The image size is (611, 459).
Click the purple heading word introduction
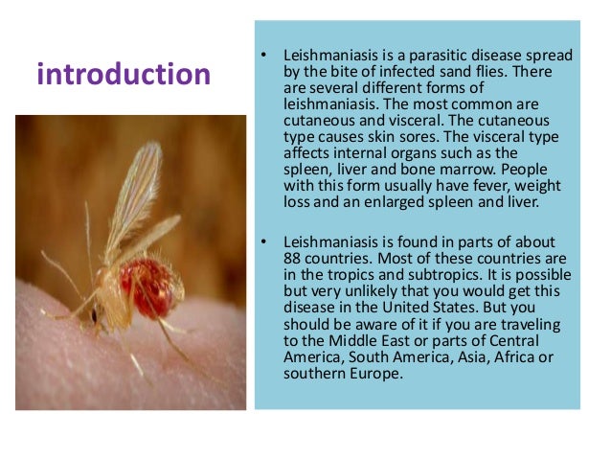124,75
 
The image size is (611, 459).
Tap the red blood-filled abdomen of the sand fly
149,287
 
